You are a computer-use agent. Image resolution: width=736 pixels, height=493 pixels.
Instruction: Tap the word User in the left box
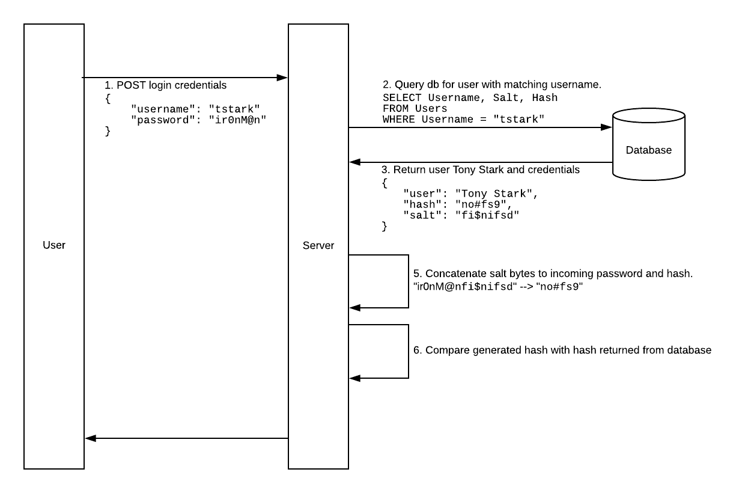pyautogui.click(x=54, y=245)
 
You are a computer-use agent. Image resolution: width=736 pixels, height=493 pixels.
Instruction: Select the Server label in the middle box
pyautogui.click(x=318, y=245)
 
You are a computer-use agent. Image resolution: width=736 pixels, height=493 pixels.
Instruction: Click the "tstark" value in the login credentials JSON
pyautogui.click(x=234, y=108)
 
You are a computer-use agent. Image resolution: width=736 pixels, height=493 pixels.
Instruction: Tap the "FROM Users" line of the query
pyautogui.click(x=415, y=108)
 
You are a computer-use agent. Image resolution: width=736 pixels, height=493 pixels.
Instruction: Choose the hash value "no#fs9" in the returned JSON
pyautogui.click(x=481, y=204)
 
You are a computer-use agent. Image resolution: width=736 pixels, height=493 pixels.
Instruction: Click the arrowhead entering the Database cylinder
pyautogui.click(x=607, y=127)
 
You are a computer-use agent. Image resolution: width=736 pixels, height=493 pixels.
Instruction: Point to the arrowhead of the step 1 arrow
pyautogui.click(x=282, y=78)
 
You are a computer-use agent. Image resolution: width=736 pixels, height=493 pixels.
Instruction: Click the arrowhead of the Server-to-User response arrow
pyautogui.click(x=90, y=438)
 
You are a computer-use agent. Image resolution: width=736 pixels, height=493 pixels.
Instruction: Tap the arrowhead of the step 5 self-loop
pyautogui.click(x=354, y=308)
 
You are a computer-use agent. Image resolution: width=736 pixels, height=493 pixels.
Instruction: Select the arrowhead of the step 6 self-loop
pyautogui.click(x=354, y=378)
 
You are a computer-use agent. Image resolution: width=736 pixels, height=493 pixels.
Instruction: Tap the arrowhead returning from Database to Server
pyautogui.click(x=354, y=162)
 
